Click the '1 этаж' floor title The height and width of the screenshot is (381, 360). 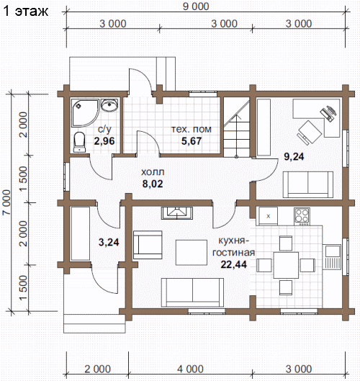[x=26, y=12]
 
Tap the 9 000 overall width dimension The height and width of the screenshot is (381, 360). [x=196, y=6]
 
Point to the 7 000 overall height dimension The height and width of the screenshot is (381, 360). [x=6, y=202]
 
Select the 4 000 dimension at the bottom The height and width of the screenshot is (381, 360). [x=190, y=369]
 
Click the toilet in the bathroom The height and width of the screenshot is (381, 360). [x=79, y=142]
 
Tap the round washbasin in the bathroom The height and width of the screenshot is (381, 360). [x=109, y=105]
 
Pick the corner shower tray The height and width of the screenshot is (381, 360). [x=85, y=112]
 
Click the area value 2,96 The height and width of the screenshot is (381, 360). [x=104, y=141]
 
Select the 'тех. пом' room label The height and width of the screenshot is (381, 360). [x=192, y=129]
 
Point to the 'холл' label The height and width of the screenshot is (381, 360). [x=153, y=172]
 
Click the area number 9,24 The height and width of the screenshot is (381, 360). [x=294, y=157]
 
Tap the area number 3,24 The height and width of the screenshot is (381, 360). [x=109, y=242]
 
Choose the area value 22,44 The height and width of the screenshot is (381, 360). [x=234, y=264]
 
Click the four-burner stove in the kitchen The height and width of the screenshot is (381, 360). [x=302, y=216]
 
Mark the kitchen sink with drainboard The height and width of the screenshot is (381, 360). [x=332, y=257]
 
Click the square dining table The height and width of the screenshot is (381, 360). [x=286, y=265]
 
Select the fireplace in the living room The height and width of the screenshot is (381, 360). [x=177, y=213]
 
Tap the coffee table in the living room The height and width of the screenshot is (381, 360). [x=192, y=253]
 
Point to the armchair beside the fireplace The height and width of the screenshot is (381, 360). [x=148, y=245]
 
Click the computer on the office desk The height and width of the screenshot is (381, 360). [x=328, y=113]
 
